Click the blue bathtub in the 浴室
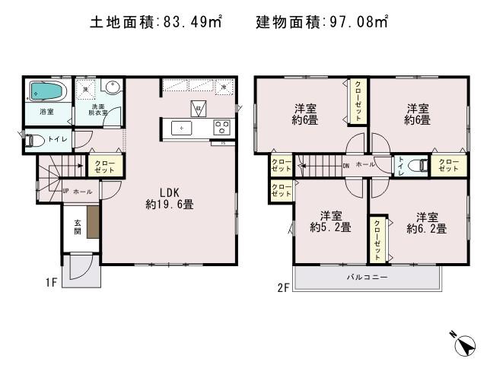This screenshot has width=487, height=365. [48, 93]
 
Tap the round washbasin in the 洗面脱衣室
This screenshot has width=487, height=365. [112, 87]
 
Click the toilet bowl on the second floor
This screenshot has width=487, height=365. [416, 164]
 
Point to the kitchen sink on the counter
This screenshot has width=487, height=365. [183, 128]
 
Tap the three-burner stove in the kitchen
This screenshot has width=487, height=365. [221, 127]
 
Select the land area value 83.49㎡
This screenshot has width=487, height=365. [191, 23]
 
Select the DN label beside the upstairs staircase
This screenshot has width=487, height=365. [346, 165]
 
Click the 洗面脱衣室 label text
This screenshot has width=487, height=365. [100, 110]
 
